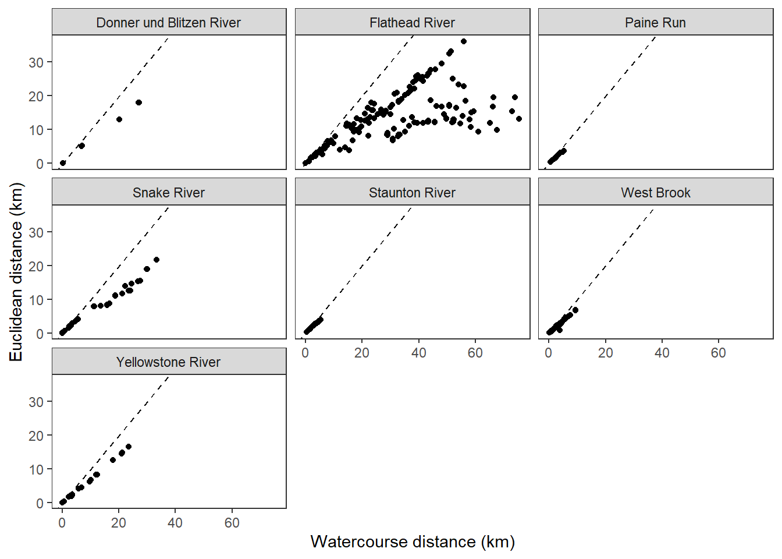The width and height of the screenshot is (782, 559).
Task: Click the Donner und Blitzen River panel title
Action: [168, 23]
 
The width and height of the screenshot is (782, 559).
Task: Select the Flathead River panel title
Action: [412, 23]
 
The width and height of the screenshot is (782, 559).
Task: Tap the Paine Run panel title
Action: [655, 23]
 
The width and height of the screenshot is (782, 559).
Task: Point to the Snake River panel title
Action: [168, 193]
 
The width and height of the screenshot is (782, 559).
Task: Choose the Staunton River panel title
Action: [412, 193]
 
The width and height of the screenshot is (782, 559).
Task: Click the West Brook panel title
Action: [655, 193]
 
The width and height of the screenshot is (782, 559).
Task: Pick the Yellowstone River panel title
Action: [168, 362]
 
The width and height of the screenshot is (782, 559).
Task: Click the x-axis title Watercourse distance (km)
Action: [413, 542]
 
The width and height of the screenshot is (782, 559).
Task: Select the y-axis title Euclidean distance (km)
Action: [16, 272]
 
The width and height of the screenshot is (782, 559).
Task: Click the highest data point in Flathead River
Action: [464, 41]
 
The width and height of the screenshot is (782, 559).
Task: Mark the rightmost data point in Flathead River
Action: [519, 119]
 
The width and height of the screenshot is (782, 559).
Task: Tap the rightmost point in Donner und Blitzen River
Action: [138, 102]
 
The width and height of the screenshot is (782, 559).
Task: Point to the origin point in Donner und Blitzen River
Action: [63, 163]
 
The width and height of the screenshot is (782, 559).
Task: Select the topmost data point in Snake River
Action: [156, 260]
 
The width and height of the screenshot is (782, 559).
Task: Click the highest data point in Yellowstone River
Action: [129, 447]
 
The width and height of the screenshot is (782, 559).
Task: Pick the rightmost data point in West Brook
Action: [575, 310]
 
